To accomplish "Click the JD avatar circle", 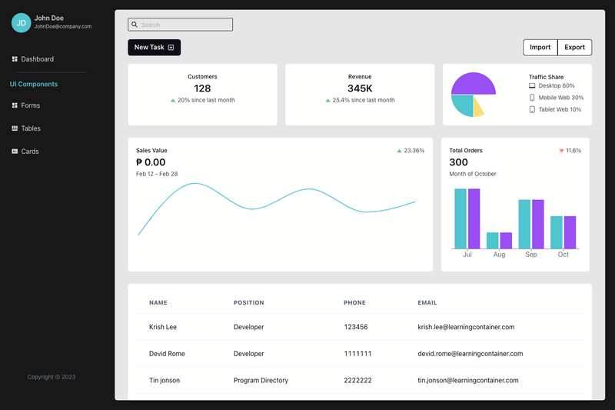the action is point(22,23).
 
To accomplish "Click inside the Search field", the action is point(180,25).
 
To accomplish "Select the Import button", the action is point(540,48).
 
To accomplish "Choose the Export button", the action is point(574,48).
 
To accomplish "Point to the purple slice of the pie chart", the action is point(474,84).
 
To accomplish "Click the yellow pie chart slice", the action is point(477,108).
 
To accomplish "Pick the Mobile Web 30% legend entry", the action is point(556,98).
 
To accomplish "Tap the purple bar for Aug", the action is point(506,241).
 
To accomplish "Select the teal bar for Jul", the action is point(460,218).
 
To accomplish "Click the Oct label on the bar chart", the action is point(563,255).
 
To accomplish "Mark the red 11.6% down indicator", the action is point(570,151).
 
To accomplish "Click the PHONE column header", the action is point(354,303).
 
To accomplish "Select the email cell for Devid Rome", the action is point(470,354).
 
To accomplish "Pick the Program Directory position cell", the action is point(261,380).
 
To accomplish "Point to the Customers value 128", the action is point(202,88).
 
